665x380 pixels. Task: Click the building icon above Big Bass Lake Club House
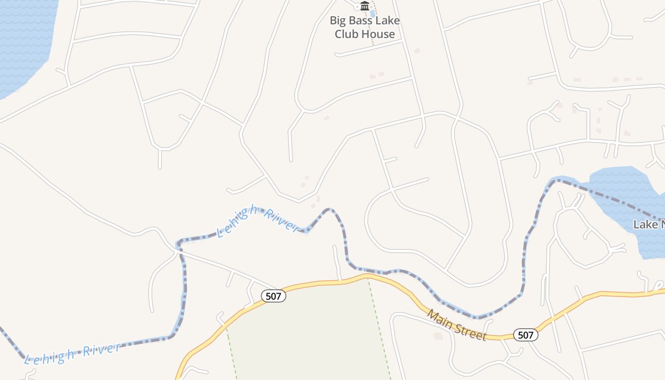[365, 6]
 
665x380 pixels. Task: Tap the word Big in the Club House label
[339, 21]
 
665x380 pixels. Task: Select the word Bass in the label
[362, 21]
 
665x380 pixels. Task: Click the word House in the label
[378, 34]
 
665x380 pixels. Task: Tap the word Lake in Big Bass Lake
[389, 21]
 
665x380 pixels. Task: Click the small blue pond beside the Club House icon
[373, 13]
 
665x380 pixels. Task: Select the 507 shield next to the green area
[274, 296]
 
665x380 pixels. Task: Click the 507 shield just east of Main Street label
[526, 335]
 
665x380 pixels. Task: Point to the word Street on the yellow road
[470, 330]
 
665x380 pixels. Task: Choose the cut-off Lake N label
[649, 224]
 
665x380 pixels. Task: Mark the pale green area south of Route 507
[309, 332]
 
